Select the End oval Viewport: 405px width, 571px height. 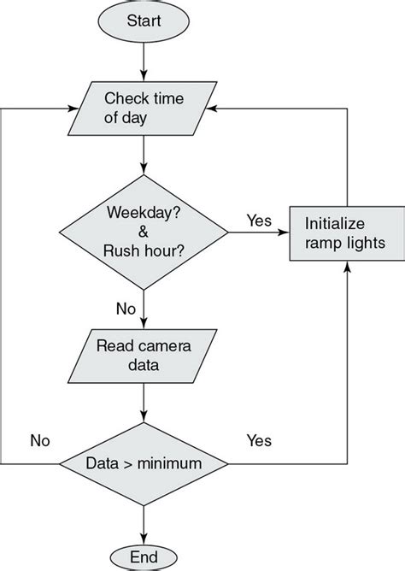click(x=144, y=556)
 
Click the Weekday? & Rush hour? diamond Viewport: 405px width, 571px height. click(x=144, y=232)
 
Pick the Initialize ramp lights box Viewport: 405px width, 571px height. click(x=345, y=232)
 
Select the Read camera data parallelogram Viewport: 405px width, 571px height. click(x=144, y=356)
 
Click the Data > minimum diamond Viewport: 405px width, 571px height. click(x=144, y=464)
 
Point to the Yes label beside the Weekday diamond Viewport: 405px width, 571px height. click(x=259, y=221)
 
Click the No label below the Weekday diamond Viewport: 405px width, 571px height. click(x=126, y=306)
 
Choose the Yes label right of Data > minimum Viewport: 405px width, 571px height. click(x=259, y=441)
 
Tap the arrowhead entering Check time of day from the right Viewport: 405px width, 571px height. click(x=219, y=108)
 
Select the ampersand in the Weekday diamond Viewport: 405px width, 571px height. click(x=144, y=233)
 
